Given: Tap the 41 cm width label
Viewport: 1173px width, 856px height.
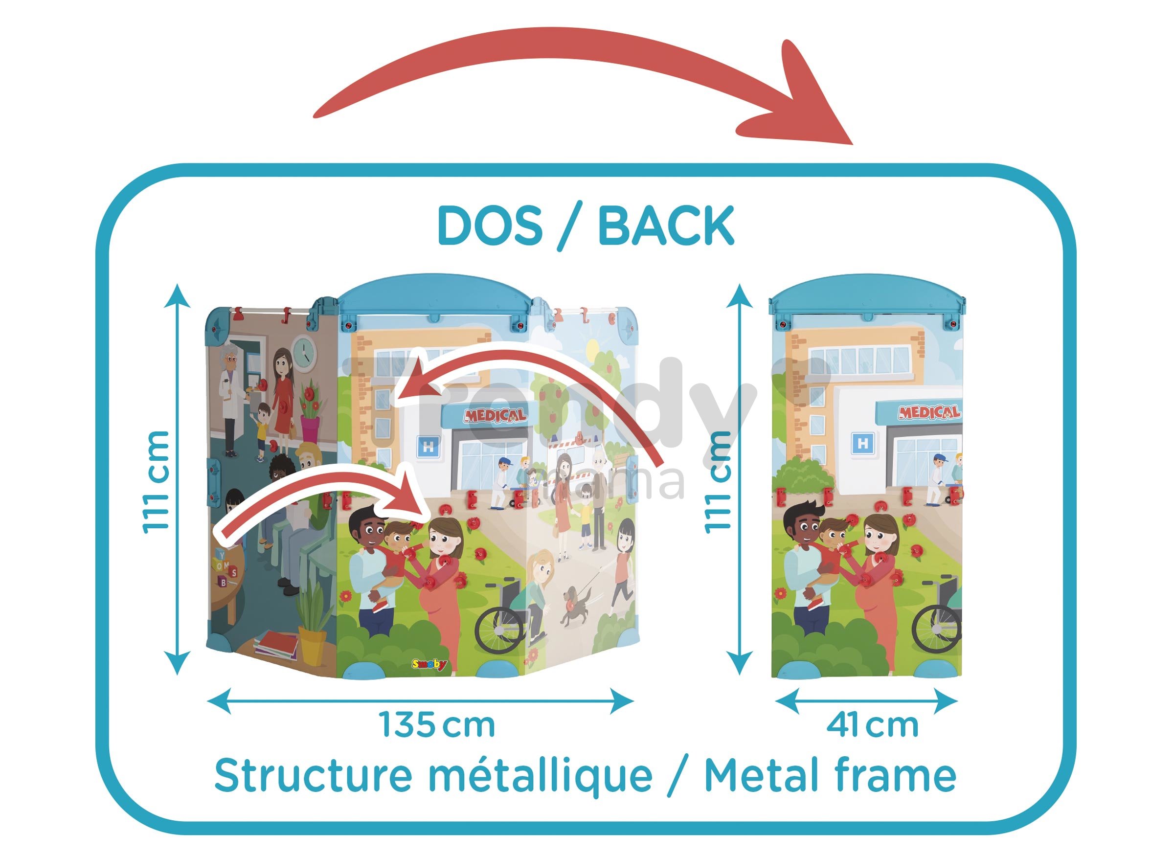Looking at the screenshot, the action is (873, 725).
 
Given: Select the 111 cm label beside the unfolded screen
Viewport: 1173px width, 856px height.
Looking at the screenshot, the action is (156, 481).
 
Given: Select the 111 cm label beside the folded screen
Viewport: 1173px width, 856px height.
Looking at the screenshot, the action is (718, 481).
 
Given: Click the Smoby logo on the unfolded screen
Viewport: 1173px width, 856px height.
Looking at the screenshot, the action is (429, 665).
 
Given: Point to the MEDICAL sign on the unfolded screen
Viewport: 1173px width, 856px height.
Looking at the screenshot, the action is (495, 415).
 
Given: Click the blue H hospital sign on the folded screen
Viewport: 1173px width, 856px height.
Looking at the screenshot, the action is (863, 444).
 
